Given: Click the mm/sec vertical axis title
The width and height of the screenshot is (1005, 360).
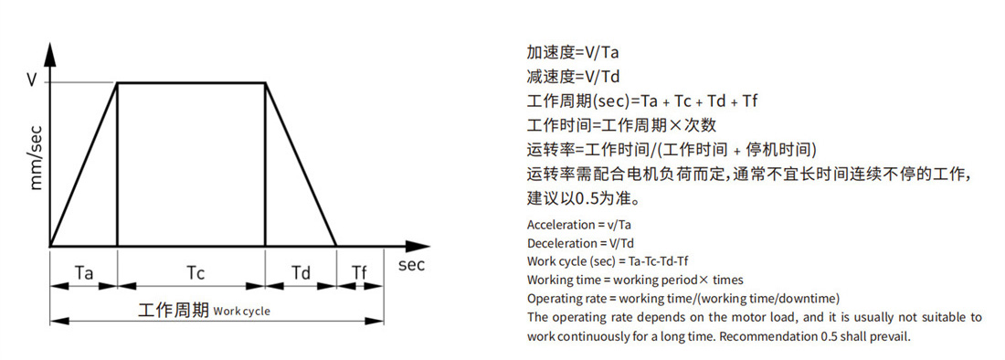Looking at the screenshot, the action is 37,157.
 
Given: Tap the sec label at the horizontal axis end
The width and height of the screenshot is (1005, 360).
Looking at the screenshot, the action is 411,265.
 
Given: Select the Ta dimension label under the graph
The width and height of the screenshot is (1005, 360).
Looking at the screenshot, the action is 84,273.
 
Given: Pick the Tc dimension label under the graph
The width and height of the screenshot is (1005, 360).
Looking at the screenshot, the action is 196,273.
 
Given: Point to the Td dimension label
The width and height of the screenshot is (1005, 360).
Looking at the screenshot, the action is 301,273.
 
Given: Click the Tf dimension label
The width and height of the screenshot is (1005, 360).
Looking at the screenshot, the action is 360,273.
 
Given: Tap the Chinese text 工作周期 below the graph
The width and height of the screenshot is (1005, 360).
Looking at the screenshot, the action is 174,311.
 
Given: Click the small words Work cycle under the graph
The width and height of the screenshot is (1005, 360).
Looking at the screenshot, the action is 241,312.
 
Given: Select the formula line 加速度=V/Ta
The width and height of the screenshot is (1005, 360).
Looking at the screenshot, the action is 573,52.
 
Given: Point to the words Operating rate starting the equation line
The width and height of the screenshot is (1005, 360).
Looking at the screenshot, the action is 566,299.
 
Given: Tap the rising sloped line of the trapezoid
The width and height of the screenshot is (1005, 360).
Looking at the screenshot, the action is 83,164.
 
